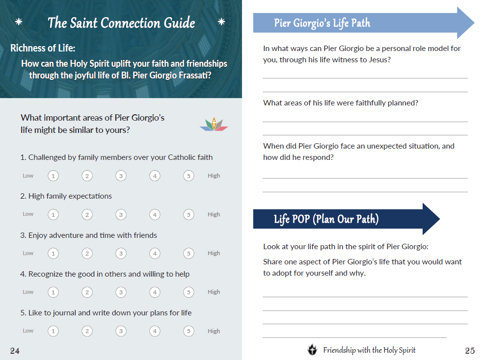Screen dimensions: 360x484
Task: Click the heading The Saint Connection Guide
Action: click(121, 23)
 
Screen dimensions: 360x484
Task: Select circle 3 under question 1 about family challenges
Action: click(121, 176)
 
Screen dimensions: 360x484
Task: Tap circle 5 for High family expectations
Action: click(188, 214)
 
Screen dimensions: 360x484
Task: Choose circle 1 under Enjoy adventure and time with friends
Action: click(53, 253)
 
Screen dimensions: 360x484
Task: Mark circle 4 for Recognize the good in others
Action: click(155, 292)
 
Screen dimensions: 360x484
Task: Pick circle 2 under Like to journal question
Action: click(87, 331)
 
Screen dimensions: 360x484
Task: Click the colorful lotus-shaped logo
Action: click(214, 125)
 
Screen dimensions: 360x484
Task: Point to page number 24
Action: click(15, 350)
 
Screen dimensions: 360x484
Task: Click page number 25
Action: click(470, 350)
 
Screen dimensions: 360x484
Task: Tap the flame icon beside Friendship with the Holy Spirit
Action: click(312, 350)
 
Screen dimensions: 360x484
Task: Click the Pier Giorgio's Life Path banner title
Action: click(322, 23)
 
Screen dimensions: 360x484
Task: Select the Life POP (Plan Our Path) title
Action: click(326, 219)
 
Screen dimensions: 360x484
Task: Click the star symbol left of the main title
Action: click(19, 22)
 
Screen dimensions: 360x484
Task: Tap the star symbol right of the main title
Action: click(221, 22)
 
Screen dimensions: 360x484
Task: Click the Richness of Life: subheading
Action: click(43, 48)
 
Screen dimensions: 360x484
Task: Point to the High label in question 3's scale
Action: click(214, 253)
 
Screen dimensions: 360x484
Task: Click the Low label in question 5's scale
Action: click(28, 331)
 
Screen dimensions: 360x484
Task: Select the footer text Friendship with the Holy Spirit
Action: click(369, 350)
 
